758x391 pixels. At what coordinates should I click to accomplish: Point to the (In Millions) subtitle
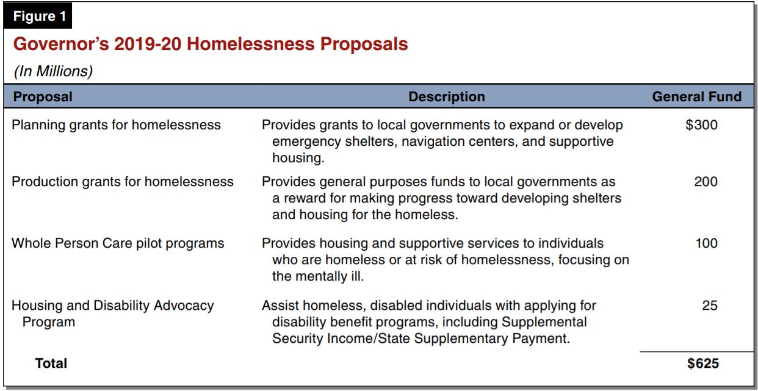coord(52,71)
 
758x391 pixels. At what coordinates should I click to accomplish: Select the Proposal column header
coord(43,96)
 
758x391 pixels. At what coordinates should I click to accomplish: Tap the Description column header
coord(446,96)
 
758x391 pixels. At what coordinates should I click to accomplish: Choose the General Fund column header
coord(696,96)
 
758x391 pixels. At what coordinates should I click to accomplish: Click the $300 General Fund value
coord(701,126)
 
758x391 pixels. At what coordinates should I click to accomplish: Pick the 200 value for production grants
coord(706,182)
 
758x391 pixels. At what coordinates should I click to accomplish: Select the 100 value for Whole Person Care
coord(707,243)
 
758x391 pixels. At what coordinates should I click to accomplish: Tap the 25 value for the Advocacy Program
coord(710,305)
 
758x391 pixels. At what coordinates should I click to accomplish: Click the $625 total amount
coord(702,364)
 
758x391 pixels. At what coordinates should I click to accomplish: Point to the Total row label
coord(51,364)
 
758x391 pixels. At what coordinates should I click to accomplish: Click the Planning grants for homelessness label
coord(116,126)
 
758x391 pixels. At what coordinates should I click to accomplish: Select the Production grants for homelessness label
coord(123,182)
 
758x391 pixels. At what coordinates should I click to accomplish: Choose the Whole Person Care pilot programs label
coord(118,243)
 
